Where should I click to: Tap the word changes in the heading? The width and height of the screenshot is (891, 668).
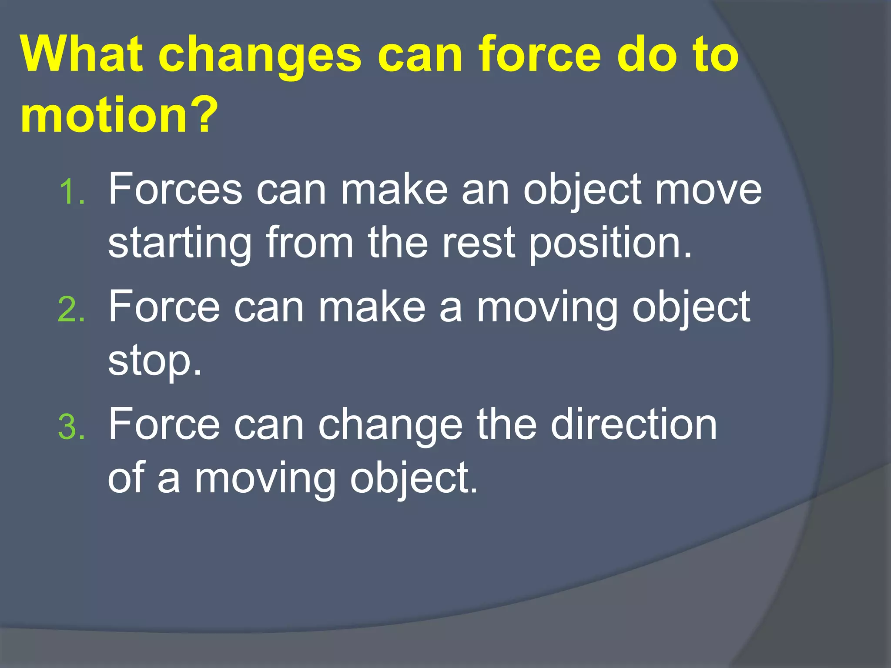259,56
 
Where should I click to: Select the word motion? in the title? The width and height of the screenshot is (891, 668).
119,115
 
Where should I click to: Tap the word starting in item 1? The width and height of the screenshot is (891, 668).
180,244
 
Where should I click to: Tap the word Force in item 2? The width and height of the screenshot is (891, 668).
164,307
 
